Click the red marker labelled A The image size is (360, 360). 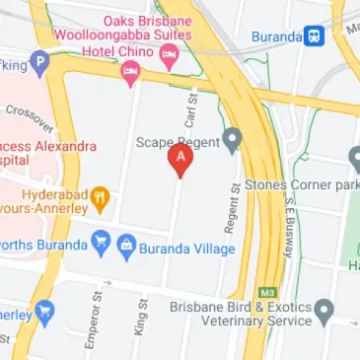coord(180,159)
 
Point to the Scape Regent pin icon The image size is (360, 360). coord(232,139)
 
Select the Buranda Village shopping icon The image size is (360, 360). coord(126,245)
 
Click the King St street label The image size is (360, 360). coord(141,315)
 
